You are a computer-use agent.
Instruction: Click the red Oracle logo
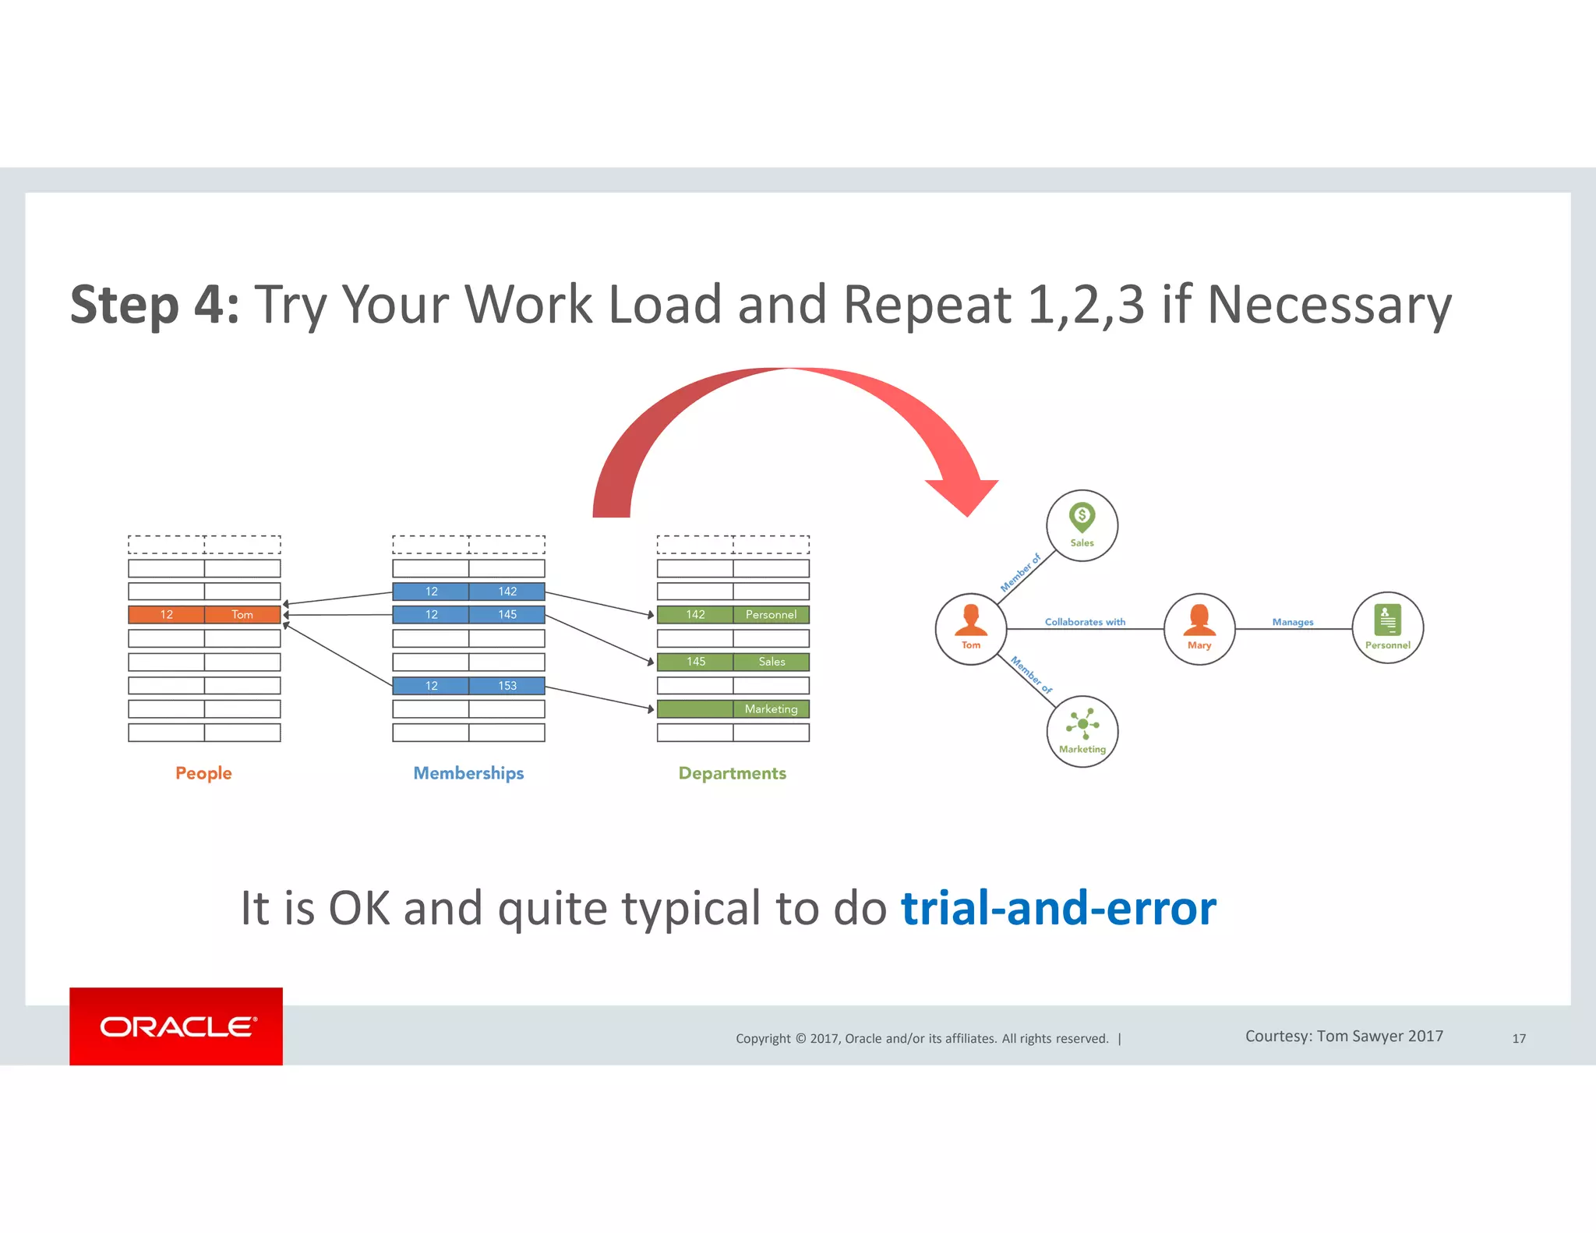176,1026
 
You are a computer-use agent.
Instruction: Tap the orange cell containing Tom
242,615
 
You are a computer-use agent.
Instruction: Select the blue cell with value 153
507,686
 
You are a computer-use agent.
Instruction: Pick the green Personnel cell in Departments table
771,615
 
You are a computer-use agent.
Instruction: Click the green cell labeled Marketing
771,709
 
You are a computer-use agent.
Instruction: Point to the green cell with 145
695,662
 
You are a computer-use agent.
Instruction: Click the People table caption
203,773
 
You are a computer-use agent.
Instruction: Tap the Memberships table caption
468,773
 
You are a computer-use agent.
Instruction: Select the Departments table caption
732,773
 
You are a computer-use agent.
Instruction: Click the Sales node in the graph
1082,525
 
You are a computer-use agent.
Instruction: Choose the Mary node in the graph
1199,628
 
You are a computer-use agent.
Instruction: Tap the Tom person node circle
971,628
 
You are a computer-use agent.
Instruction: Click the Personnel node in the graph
1387,628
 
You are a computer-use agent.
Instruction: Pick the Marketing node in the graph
1082,731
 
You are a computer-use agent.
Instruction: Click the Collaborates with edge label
1085,622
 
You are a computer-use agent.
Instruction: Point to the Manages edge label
1293,622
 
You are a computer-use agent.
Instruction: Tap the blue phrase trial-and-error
1058,908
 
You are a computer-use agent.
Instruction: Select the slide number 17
1519,1038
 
